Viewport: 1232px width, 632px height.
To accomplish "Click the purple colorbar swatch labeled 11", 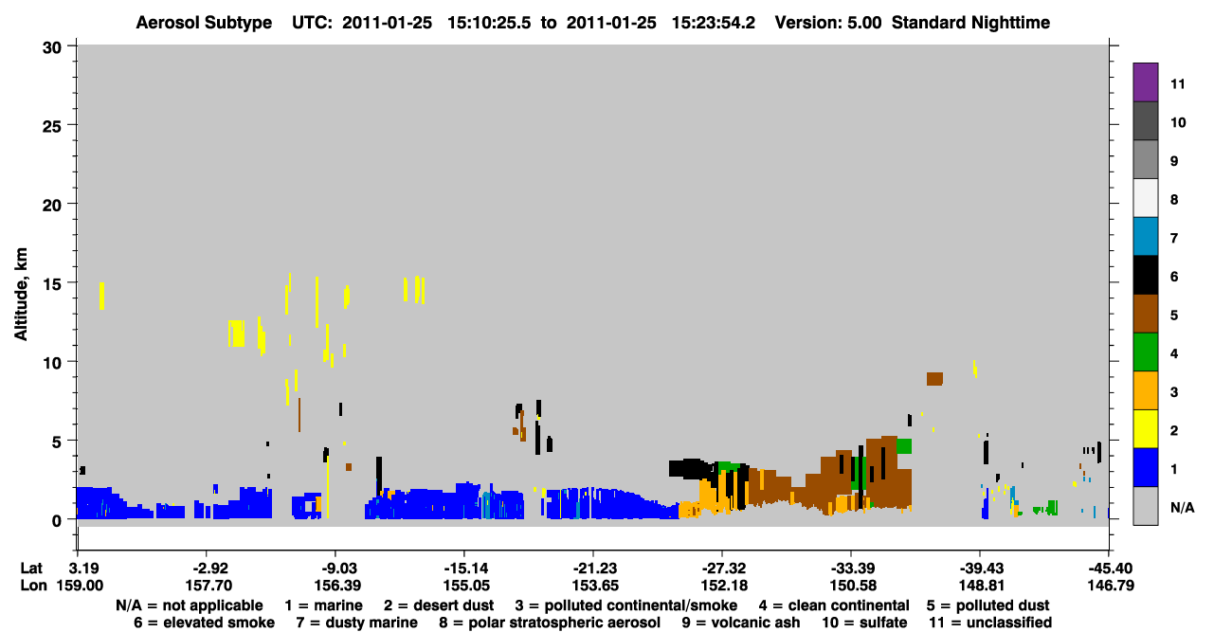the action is (x=1145, y=81).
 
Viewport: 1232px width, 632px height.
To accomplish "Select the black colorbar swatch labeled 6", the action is (x=1145, y=275).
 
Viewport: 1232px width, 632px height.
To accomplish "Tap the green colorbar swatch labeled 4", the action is (x=1145, y=352).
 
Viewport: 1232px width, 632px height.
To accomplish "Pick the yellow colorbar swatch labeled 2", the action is (x=1145, y=429).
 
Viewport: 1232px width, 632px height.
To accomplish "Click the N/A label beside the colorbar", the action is (x=1182, y=507).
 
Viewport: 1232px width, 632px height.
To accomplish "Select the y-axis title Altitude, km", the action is (x=20, y=295).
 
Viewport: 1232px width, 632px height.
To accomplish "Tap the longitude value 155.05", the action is (x=466, y=586).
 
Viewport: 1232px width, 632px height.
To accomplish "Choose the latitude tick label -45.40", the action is (x=1109, y=568).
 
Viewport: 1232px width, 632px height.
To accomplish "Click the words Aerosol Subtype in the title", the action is (x=204, y=23).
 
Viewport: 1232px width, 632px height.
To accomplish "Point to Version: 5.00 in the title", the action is (x=828, y=23).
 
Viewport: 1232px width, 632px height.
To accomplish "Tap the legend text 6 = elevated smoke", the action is (x=204, y=623).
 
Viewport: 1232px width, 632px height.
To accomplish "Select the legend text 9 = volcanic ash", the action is (x=741, y=623).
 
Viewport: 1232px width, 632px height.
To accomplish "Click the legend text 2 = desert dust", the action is (x=439, y=605).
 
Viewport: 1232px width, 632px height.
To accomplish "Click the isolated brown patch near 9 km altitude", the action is (x=934, y=379).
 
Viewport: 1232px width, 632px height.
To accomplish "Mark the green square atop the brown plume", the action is (x=904, y=446).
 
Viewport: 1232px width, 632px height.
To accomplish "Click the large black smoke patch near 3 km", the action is (x=690, y=469).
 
